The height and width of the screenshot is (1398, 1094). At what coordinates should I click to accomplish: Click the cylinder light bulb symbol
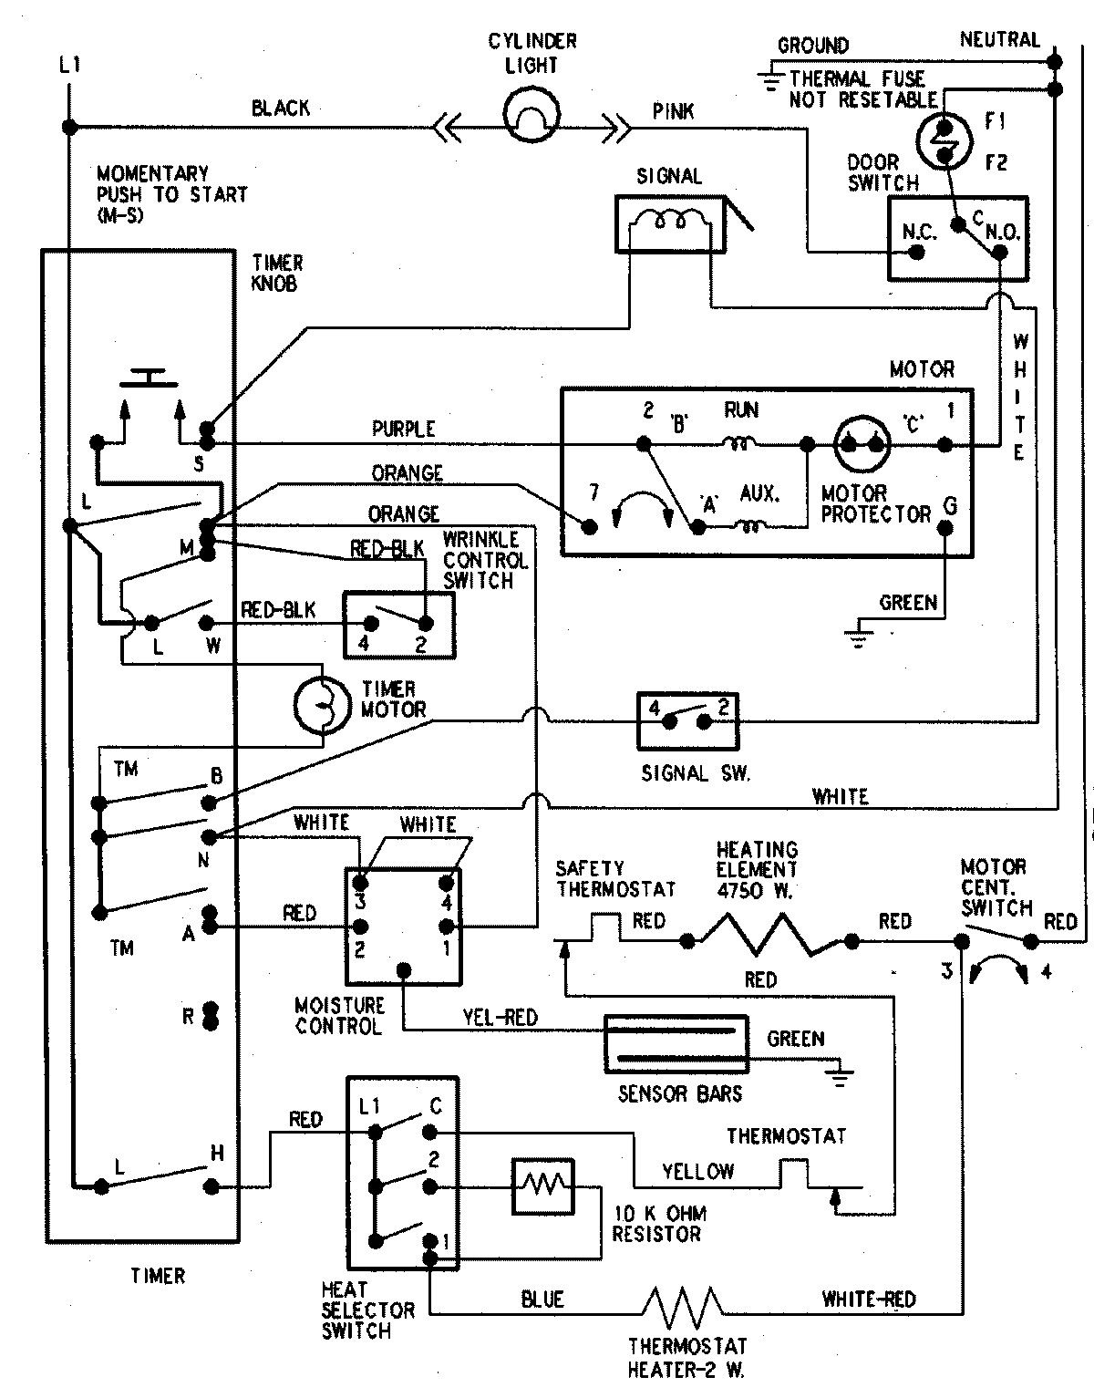(530, 113)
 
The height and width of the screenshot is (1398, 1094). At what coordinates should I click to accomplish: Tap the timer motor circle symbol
(322, 704)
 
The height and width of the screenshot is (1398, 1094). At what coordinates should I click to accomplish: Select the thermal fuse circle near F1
(944, 140)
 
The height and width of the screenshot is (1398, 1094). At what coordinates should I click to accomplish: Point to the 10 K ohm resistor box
(543, 1186)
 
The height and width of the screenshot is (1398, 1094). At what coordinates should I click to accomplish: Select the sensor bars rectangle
(676, 1044)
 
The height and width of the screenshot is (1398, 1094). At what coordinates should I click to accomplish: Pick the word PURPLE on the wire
(403, 429)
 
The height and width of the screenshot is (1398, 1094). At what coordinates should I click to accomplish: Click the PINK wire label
(673, 111)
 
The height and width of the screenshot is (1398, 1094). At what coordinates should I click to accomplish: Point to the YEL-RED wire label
(501, 1018)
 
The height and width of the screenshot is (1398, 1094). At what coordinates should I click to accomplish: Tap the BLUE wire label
(542, 1299)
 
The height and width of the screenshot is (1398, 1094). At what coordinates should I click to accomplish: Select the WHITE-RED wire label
(868, 1299)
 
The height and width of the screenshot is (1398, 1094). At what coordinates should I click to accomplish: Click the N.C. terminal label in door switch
(919, 232)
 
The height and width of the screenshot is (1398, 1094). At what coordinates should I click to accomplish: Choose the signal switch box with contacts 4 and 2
(687, 720)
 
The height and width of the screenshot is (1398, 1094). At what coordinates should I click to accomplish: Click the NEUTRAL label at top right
(999, 39)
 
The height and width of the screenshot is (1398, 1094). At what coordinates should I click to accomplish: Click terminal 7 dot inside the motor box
(591, 526)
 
